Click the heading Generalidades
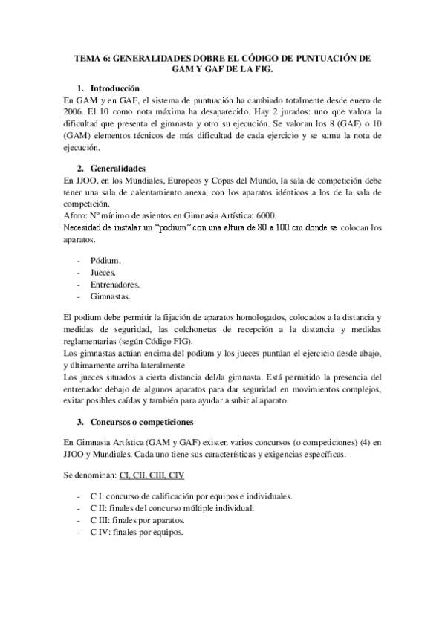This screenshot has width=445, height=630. [124, 168]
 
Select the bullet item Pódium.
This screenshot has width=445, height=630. [106, 261]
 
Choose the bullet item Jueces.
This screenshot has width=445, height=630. [105, 273]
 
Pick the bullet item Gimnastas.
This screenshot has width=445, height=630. [112, 296]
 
